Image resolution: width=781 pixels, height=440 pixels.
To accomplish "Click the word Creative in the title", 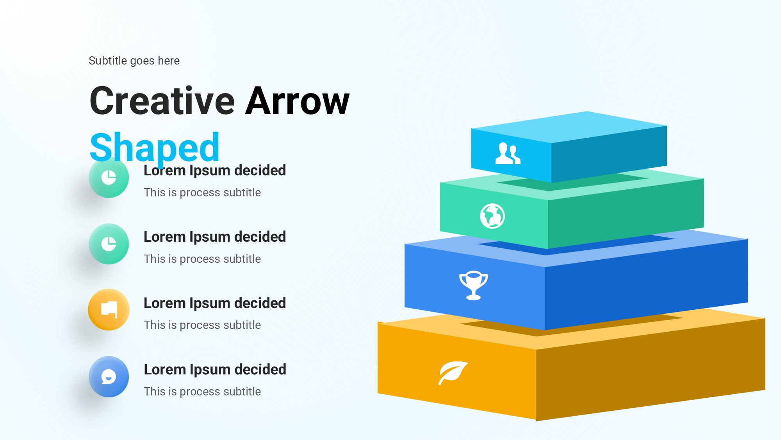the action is coord(162,101).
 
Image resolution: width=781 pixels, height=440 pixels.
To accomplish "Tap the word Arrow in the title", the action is coord(297,101).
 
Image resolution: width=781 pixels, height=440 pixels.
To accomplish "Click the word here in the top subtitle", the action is coord(169,61).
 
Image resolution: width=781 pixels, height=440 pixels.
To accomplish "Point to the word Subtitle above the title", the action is coord(108,61).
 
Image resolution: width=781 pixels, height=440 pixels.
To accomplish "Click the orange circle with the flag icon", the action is coord(109,310).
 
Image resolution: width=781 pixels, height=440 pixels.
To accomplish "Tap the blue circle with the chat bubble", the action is coord(109,377).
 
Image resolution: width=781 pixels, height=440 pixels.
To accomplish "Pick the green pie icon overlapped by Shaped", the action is coord(109,178).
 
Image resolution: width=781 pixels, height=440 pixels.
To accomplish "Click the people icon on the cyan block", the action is coord(508,153).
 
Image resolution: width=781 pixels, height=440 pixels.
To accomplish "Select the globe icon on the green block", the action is coord(492,216).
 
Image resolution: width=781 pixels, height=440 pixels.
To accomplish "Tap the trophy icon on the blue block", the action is coord(474,285).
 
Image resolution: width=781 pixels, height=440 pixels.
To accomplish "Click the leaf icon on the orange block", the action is coord(453,373).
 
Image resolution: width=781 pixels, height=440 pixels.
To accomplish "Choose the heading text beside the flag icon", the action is coord(215,303).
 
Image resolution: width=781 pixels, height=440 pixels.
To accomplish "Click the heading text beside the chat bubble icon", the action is coord(215,370).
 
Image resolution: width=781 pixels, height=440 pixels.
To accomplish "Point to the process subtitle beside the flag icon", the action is coord(202,325).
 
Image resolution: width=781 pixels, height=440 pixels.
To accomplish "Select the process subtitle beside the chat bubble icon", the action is coord(202,392).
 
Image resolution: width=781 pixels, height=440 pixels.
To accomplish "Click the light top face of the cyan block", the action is coord(569,127).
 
